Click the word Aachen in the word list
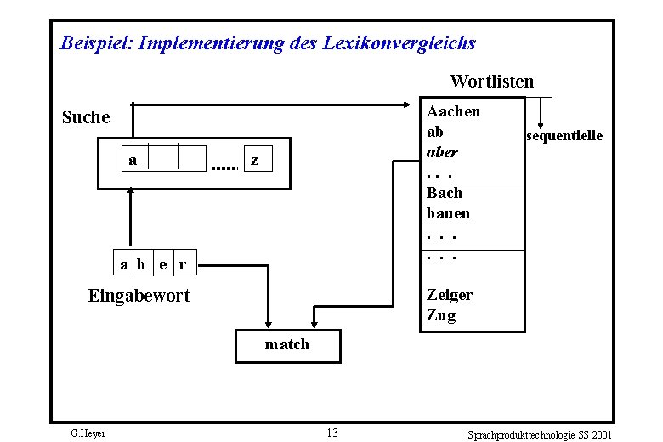pos(453,111)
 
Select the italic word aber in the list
pos(442,153)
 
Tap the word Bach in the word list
pos(444,193)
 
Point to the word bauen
pos(448,213)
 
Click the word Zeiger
pos(450,295)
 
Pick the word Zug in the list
pos(441,315)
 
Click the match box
pos(287,345)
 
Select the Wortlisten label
pos(491,82)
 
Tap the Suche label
pos(87,117)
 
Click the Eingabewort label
pos(139,297)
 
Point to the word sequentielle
pos(564,136)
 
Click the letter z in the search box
pos(254,159)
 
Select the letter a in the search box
pos(133,159)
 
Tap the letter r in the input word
pos(183,264)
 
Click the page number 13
pos(331,433)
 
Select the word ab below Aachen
pos(435,133)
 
